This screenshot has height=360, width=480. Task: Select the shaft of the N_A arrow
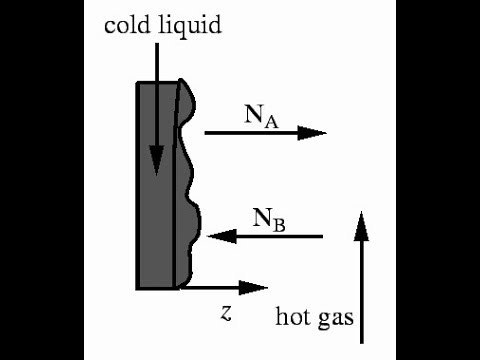tap(250, 132)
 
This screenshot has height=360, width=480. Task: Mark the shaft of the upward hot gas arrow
tap(362, 290)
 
